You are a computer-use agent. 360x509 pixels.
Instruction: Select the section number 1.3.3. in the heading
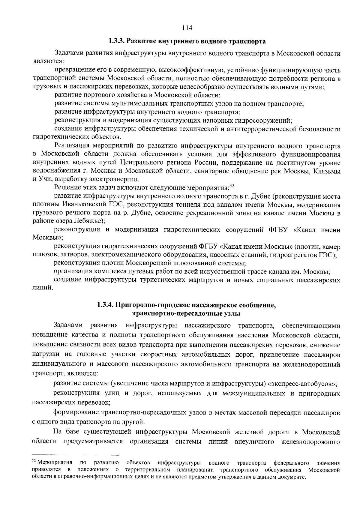tap(116, 40)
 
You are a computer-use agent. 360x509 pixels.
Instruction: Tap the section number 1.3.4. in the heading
tap(105, 305)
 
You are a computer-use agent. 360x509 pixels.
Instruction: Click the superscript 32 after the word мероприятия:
tap(231, 186)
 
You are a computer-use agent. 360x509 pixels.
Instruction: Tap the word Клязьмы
tap(327, 171)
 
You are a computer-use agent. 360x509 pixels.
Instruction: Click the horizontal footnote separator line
tap(75, 455)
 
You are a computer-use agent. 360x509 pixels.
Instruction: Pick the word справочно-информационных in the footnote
tap(93, 477)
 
